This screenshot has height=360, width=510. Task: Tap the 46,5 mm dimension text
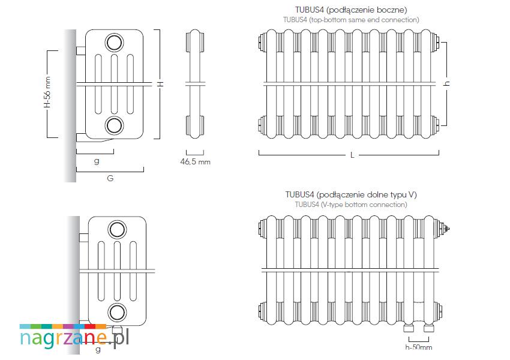pos(196,161)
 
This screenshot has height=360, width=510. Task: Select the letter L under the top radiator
pos(352,155)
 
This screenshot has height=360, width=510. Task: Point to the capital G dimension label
pos(110,178)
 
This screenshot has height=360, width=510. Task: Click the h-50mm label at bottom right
pos(419,347)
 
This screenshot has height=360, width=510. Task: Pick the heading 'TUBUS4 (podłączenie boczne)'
pos(351,10)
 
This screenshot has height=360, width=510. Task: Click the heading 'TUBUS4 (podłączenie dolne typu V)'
pos(351,195)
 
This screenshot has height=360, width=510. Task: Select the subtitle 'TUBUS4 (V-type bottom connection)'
pos(351,205)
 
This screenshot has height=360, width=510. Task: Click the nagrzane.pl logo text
pos(74,338)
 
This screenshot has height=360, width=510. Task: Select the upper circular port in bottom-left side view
pos(116,229)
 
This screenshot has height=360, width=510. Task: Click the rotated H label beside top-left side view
pos(160,84)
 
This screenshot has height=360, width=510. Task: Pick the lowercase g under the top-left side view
pos(97,161)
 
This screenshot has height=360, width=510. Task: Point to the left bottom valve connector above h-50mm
pos(410,327)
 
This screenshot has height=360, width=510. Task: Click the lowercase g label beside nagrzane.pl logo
pos(98,349)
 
